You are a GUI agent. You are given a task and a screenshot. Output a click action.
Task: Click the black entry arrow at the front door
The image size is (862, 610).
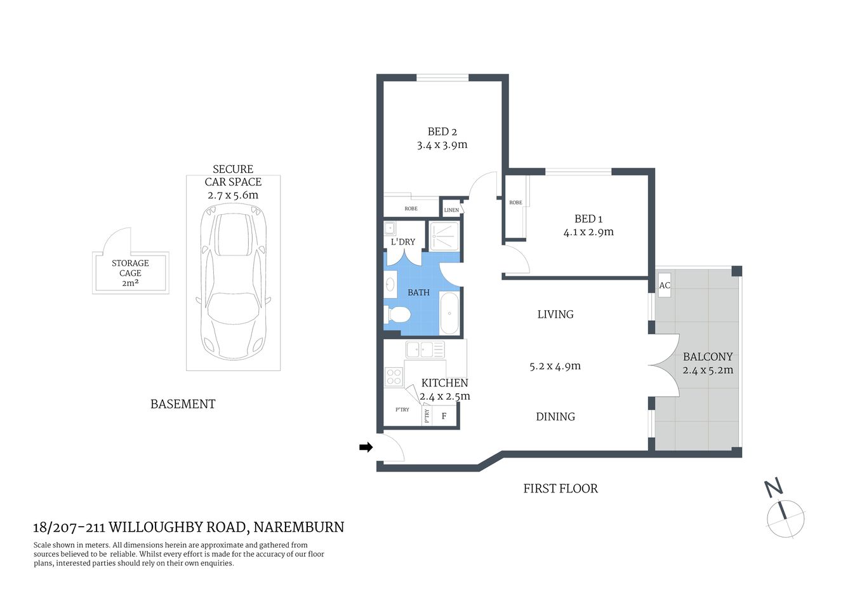click(x=366, y=447)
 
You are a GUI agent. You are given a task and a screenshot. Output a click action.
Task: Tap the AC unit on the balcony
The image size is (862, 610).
click(x=664, y=285)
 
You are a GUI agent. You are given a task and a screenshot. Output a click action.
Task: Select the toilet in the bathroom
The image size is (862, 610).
click(x=398, y=314)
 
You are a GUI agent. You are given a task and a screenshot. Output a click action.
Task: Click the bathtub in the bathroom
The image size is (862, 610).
click(x=449, y=313)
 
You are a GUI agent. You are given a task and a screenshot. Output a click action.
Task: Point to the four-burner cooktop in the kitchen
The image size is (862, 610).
click(x=394, y=377)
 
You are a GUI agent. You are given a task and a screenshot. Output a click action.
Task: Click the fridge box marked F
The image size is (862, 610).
click(x=444, y=416)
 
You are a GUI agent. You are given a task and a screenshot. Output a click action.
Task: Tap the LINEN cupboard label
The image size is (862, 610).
click(x=451, y=210)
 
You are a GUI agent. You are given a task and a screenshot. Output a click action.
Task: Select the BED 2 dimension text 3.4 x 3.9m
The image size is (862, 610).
click(x=442, y=145)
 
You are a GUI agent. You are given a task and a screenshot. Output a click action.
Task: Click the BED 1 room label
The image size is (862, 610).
click(x=588, y=219)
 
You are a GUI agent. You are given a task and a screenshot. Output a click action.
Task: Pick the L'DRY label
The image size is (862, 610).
click(x=403, y=241)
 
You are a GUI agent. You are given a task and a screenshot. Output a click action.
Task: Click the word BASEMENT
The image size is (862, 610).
click(x=183, y=404)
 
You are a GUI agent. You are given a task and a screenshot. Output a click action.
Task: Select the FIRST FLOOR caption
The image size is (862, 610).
click(x=560, y=489)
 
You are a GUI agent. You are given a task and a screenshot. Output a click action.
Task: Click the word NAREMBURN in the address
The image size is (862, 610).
click(x=298, y=527)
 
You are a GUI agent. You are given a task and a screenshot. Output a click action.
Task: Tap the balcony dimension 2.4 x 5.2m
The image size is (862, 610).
click(x=708, y=370)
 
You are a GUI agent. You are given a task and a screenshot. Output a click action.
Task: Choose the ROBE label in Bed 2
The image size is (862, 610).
click(x=411, y=208)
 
